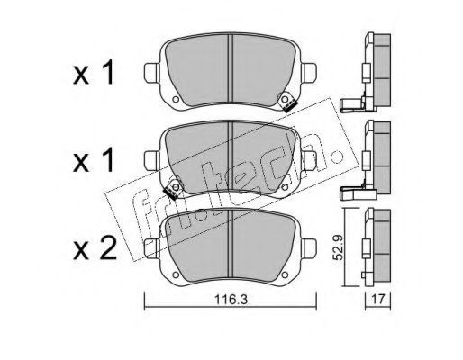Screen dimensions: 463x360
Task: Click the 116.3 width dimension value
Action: pos(231,299)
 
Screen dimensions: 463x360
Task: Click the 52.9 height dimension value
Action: pos(339,247)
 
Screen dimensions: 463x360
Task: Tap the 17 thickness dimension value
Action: pos(378,299)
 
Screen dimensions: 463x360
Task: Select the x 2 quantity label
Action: pos(95,248)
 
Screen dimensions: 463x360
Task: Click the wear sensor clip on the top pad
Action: pos(287,102)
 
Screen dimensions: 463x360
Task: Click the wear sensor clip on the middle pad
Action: pos(173,190)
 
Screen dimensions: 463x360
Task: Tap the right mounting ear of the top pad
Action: pos(309,73)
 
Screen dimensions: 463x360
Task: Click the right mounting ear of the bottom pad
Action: pos(309,248)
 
